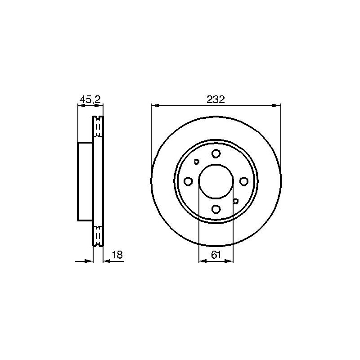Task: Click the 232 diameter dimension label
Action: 216,99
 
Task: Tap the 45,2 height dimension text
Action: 90,99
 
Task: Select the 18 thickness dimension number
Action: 117,255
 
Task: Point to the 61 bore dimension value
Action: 216,255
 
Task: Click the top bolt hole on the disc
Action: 216,153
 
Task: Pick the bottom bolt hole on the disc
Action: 216,209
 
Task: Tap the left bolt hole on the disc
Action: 188,181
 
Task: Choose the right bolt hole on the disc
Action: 243,181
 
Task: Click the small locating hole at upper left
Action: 197,162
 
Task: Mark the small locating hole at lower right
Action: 235,201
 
